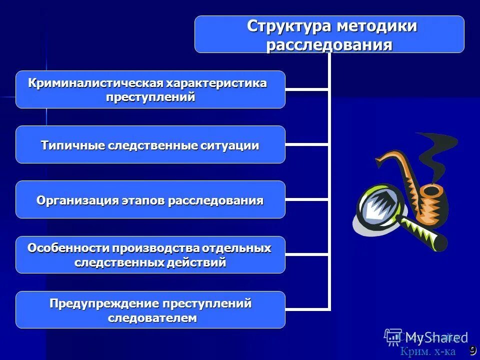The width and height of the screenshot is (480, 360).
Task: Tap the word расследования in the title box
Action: click(x=329, y=44)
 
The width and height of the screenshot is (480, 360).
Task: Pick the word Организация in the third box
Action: click(x=76, y=200)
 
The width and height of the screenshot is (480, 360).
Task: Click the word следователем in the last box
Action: click(x=152, y=318)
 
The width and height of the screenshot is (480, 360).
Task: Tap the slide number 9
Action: click(x=472, y=349)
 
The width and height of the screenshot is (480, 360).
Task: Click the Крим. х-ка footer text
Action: click(x=427, y=351)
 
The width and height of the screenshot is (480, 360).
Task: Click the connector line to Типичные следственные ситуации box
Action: click(x=307, y=144)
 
